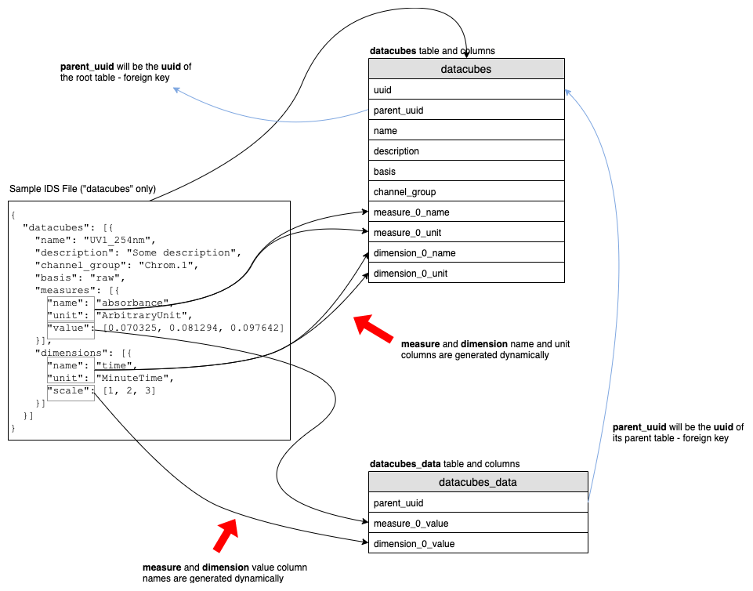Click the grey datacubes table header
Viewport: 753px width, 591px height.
466,69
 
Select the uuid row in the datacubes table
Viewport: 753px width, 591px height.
466,90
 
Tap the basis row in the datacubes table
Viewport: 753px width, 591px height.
466,172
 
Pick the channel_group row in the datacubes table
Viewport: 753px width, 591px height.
466,192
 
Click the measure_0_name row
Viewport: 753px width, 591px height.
466,212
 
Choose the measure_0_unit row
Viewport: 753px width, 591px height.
466,233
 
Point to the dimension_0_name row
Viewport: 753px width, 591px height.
466,253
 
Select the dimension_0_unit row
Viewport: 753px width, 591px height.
466,274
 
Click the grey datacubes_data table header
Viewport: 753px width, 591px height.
478,482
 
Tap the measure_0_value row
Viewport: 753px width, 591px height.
478,523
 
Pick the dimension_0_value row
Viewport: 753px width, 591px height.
478,543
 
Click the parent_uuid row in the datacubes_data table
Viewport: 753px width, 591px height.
478,502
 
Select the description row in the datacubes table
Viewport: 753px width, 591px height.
466,151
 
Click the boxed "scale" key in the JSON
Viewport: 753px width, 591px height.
71,391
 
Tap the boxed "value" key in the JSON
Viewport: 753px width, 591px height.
71,328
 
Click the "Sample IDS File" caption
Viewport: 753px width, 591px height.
82,189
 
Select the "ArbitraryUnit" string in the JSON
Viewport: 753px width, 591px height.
133,315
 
